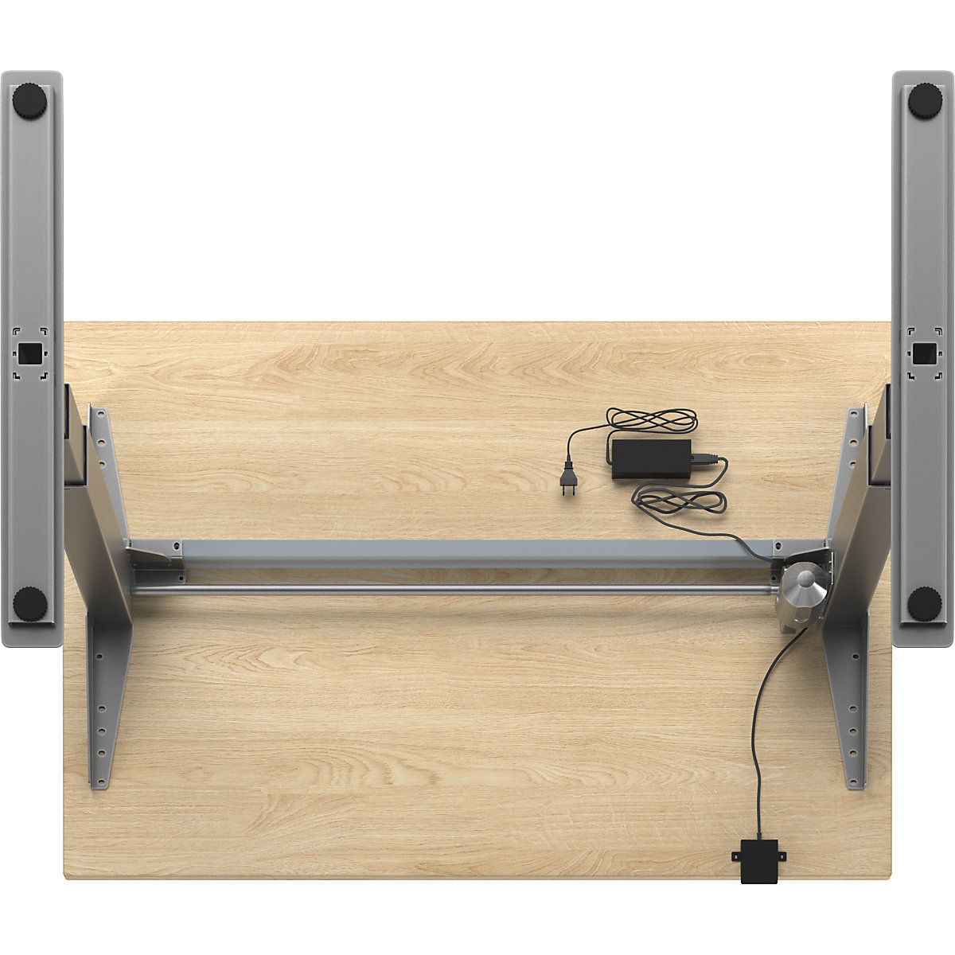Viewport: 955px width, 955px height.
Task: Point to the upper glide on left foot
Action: tap(31, 101)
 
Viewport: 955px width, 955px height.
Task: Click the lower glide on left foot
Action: tap(30, 604)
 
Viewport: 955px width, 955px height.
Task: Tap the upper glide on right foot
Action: tap(924, 101)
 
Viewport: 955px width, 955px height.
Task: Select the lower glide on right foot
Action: tap(924, 604)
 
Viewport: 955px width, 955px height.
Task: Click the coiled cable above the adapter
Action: tap(652, 419)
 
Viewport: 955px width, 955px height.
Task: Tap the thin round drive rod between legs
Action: tap(454, 590)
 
